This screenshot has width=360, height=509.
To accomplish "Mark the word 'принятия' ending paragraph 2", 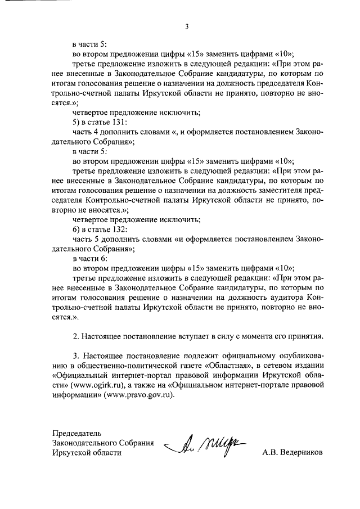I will click(x=306, y=336).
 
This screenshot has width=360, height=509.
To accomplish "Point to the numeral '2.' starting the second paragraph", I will click(x=76, y=336).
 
